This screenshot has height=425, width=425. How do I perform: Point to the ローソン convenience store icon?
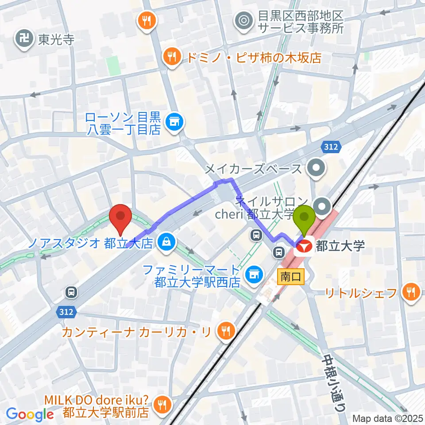point(174,120)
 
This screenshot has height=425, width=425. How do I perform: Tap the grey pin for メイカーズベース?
point(317,168)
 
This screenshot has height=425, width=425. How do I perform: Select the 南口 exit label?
point(291,277)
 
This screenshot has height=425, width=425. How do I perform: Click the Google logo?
point(30,414)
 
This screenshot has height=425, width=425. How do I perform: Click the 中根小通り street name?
point(331,376)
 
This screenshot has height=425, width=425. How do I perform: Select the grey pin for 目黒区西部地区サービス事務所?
point(243,20)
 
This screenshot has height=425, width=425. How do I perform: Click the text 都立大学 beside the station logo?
point(340,245)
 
